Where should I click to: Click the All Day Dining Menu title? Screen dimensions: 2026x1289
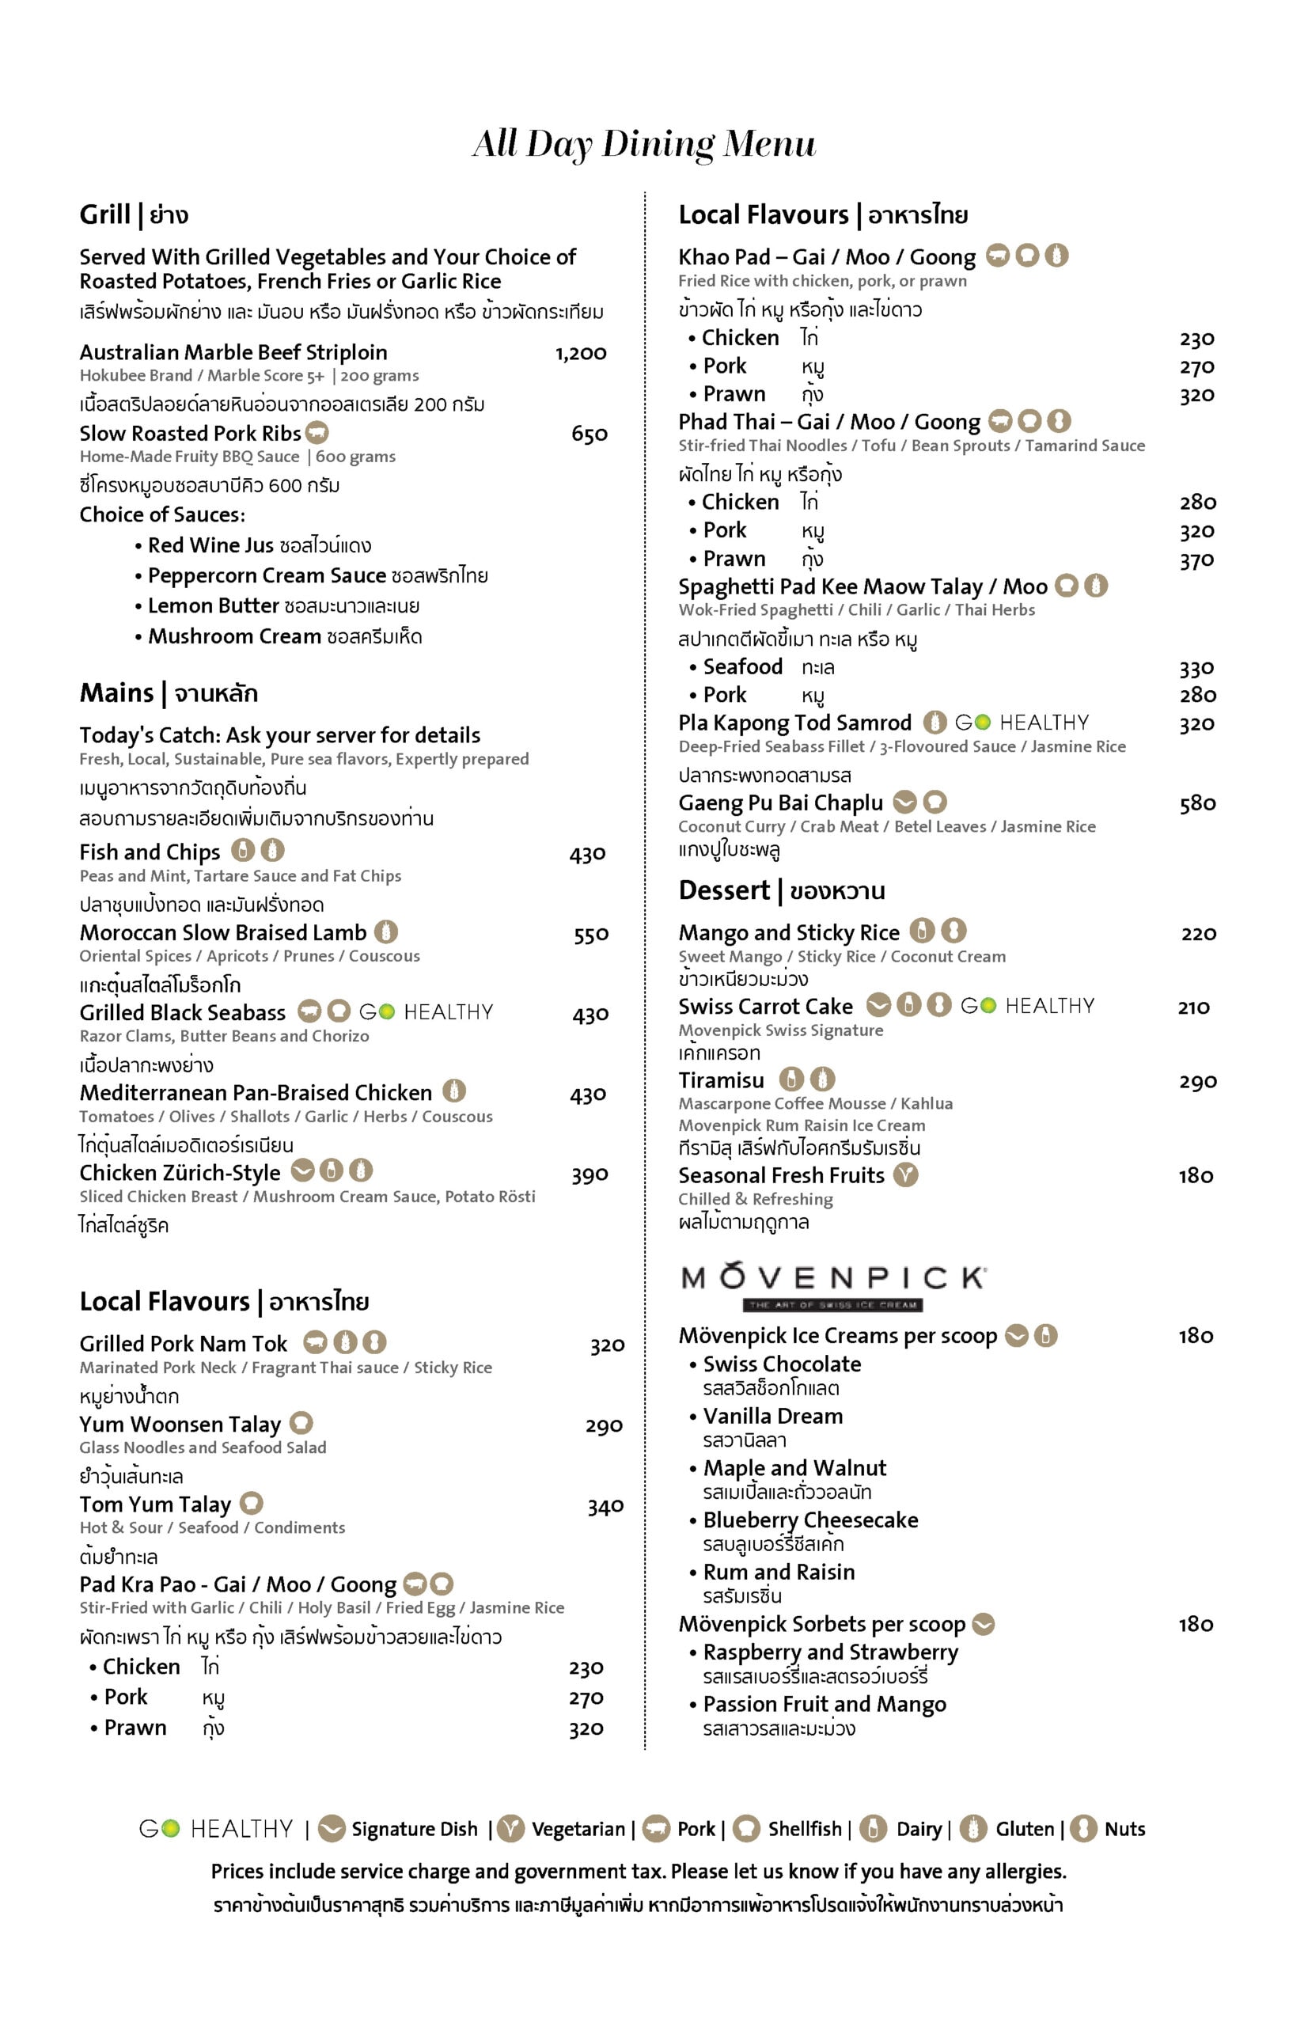pyautogui.click(x=643, y=144)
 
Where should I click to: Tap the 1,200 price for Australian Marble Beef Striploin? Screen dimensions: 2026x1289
pyautogui.click(x=581, y=354)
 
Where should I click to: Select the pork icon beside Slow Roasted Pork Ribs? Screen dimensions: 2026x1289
pyautogui.click(x=317, y=434)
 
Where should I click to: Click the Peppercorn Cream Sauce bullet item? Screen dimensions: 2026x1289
pyautogui.click(x=317, y=576)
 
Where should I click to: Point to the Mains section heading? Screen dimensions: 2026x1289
pyautogui.click(x=169, y=693)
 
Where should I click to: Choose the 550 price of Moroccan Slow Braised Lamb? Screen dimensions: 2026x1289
pyautogui.click(x=590, y=935)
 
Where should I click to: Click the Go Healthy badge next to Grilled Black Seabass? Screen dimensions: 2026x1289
pyautogui.click(x=426, y=1012)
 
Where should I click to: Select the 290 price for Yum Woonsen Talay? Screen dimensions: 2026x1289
pyautogui.click(x=604, y=1426)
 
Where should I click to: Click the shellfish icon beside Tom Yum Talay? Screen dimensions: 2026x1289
pyautogui.click(x=252, y=1504)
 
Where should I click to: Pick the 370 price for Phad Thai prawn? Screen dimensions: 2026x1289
pyautogui.click(x=1196, y=560)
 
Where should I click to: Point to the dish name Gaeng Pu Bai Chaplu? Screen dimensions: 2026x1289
pyautogui.click(x=780, y=803)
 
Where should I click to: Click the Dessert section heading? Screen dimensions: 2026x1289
pyautogui.click(x=781, y=891)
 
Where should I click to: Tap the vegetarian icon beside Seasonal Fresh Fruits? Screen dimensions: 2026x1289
pyautogui.click(x=905, y=1174)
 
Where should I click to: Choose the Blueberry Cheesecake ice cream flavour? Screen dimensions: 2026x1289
pyautogui.click(x=810, y=1520)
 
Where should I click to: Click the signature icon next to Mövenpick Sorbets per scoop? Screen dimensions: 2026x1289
pyautogui.click(x=983, y=1625)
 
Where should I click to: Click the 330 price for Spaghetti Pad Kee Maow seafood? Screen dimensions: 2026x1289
pyautogui.click(x=1196, y=669)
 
